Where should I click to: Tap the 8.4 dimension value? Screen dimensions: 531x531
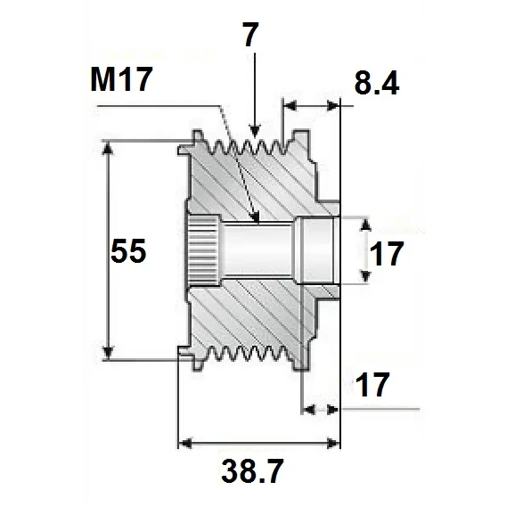(x=375, y=85)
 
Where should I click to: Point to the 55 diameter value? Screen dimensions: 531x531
(x=128, y=252)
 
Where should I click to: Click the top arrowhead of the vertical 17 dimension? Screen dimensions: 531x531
(x=363, y=222)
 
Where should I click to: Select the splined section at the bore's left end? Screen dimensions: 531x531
(x=200, y=250)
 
